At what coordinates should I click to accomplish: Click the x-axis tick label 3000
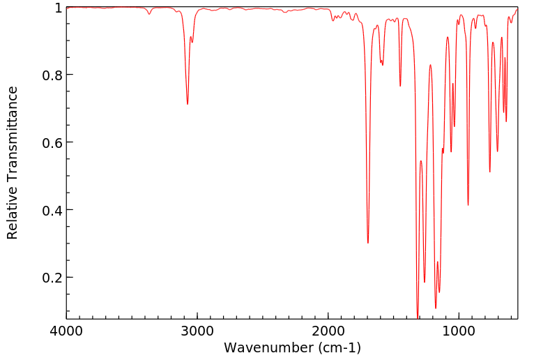pos(197,330)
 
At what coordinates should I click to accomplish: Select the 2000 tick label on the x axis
pos(328,330)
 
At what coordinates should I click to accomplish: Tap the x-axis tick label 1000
pos(459,330)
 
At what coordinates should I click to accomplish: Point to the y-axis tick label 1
pos(58,8)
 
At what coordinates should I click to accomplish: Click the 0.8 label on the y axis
pos(52,75)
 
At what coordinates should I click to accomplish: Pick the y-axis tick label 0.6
pos(52,142)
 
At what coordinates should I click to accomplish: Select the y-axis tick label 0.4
pos(52,210)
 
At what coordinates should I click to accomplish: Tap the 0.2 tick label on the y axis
pos(52,278)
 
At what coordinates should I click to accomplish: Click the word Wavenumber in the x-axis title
pos(268,347)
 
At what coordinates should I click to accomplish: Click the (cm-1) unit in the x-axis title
pos(338,347)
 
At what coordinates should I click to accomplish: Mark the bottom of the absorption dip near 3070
pos(188,105)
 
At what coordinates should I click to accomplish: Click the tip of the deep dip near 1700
pos(368,243)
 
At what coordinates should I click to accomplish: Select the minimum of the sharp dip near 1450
pos(400,86)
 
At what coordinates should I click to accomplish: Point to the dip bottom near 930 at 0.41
pos(468,205)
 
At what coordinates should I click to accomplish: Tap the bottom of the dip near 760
pos(490,172)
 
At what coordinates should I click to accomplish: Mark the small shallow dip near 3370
pos(149,14)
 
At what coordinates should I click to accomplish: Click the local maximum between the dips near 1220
pos(430,65)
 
